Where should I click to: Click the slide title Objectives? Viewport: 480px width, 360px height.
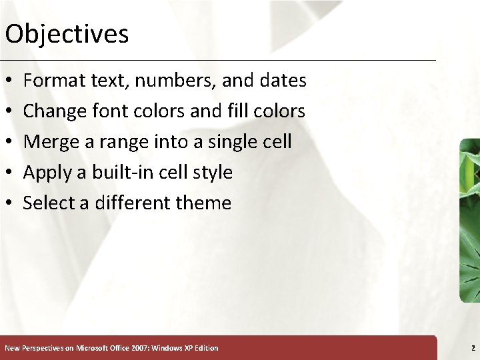pos(67,33)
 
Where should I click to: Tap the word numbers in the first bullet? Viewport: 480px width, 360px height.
pos(175,81)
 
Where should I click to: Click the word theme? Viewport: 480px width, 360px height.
pos(203,203)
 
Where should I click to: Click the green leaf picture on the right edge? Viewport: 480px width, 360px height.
pos(470,220)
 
